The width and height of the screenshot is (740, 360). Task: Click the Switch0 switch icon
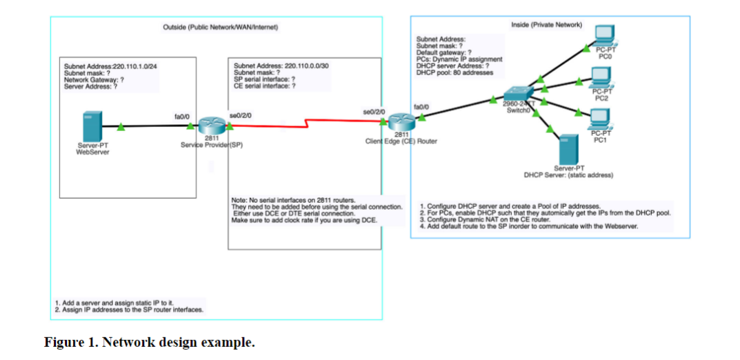coord(518,97)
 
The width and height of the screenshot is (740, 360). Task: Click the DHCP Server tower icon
coord(568,149)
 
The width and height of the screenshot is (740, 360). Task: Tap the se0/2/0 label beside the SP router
coord(240,114)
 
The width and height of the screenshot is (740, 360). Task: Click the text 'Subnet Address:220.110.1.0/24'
coord(110,67)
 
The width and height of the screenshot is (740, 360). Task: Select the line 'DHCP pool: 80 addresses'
coord(455,73)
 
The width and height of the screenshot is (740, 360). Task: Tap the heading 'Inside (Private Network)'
coord(546,25)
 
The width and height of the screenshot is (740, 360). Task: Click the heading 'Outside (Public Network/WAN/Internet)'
coord(220,27)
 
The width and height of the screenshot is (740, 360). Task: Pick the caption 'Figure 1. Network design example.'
coord(149,342)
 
